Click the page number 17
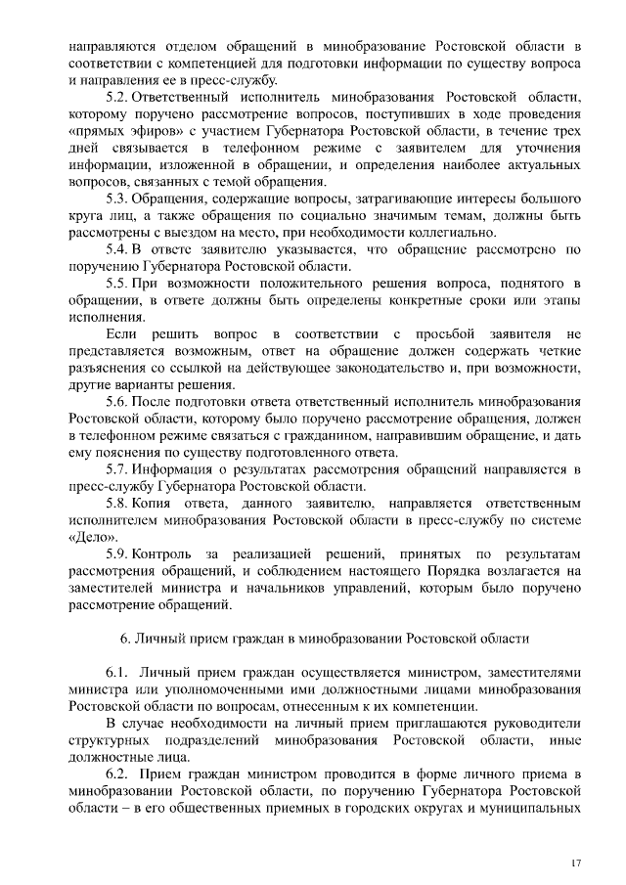point(576,861)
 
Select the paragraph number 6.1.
point(117,673)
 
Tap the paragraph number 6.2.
point(117,774)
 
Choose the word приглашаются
point(392,723)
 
